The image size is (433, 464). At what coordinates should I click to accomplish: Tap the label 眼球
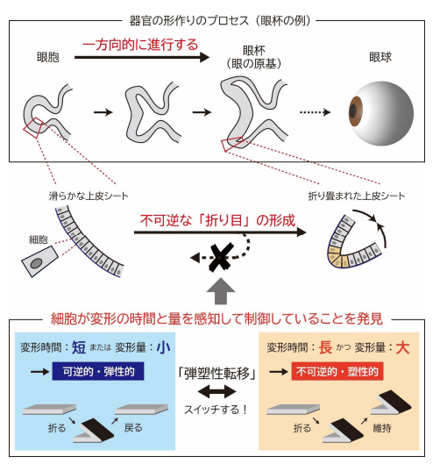click(380, 58)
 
